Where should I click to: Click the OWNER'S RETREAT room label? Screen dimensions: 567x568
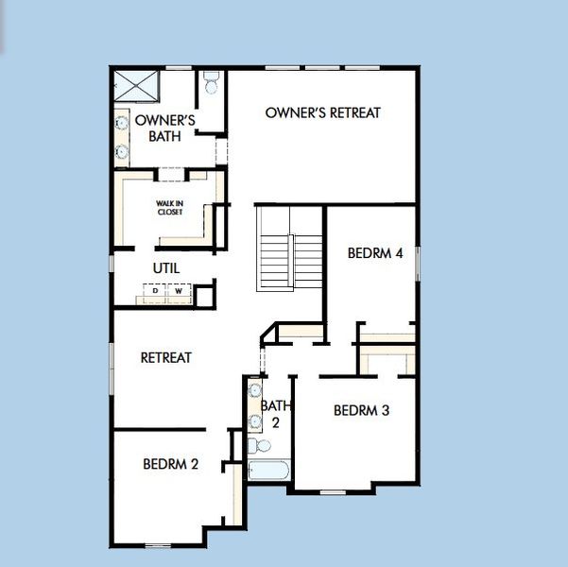[322, 112]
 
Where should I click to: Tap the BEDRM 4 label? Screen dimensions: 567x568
[375, 253]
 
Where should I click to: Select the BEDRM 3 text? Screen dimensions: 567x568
[362, 411]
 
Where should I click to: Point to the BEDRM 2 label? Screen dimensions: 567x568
[171, 464]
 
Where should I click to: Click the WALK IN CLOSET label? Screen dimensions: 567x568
[171, 206]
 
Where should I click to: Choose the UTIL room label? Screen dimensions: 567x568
[166, 268]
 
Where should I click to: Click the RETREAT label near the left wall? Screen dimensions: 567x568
[166, 357]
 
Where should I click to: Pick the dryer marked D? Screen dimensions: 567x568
[156, 292]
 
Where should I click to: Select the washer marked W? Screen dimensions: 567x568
[178, 292]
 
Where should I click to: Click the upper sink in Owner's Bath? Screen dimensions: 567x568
[122, 121]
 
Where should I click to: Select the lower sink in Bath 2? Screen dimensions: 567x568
[254, 421]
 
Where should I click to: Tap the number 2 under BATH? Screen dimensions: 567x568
[276, 421]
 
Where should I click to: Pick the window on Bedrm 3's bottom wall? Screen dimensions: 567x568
[333, 491]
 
